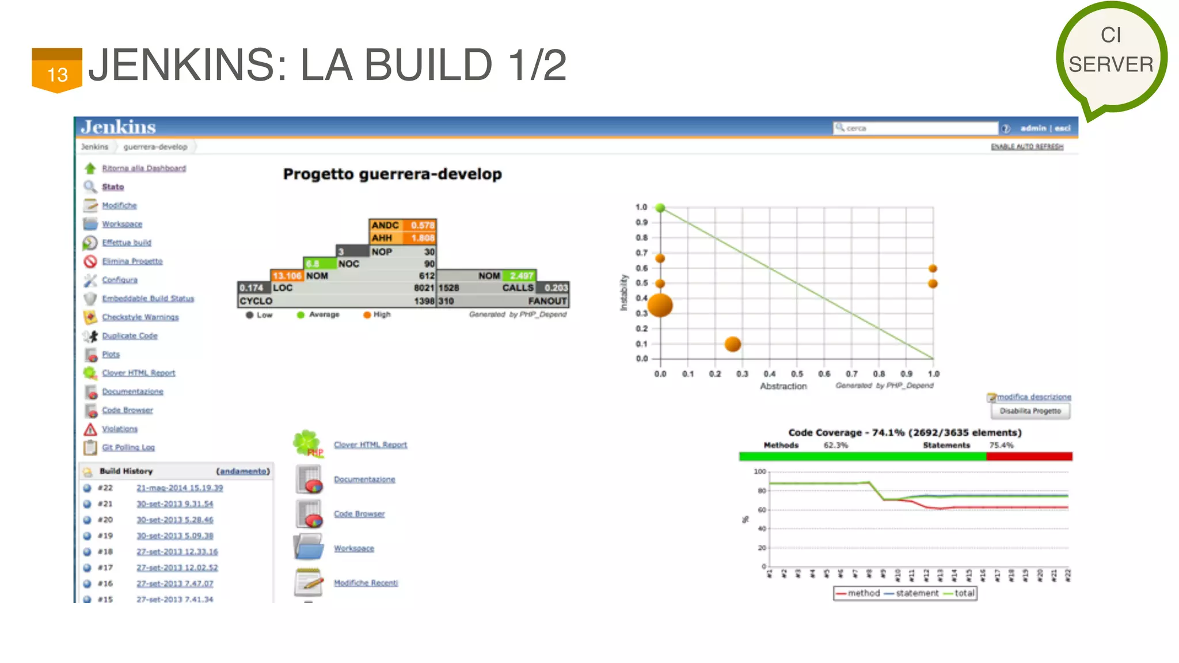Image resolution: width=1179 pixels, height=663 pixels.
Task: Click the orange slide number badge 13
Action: click(x=57, y=71)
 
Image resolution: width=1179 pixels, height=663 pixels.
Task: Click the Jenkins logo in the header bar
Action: click(x=119, y=127)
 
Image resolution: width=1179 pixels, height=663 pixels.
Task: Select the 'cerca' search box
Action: click(x=915, y=128)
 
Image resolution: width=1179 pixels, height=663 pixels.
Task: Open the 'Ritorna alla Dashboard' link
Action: click(x=144, y=168)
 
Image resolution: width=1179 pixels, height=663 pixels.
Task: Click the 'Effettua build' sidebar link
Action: click(x=127, y=243)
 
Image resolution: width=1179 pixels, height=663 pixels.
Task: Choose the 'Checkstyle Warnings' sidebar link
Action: click(x=140, y=317)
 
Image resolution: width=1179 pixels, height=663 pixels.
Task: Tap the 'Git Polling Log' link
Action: click(x=128, y=447)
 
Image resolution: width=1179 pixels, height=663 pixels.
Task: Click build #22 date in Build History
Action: click(x=180, y=488)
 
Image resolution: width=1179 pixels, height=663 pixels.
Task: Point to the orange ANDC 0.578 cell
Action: click(x=402, y=225)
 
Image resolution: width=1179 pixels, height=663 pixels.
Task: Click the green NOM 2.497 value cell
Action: click(x=521, y=276)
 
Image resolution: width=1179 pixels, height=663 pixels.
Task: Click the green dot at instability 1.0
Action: click(x=660, y=208)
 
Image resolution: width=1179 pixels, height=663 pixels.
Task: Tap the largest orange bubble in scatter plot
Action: click(x=660, y=305)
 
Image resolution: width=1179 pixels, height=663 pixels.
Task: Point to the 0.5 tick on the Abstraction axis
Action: click(x=797, y=374)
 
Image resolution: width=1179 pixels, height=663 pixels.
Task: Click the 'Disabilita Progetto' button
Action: click(x=1030, y=411)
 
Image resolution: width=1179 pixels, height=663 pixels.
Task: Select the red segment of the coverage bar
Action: click(x=1029, y=456)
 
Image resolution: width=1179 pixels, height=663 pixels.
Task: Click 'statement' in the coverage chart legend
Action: click(x=916, y=593)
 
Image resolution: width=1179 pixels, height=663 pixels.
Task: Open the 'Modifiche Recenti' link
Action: click(x=366, y=583)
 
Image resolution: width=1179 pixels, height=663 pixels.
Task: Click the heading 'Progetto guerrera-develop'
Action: click(x=392, y=174)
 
